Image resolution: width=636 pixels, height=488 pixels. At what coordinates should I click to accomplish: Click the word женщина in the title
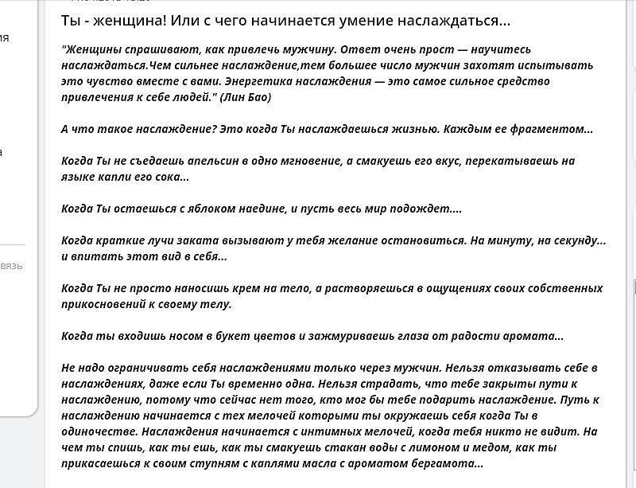(x=125, y=19)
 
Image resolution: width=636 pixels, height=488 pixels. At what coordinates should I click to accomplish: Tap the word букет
(x=200, y=336)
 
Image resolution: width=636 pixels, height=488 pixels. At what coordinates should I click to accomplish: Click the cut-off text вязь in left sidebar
(x=12, y=266)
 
